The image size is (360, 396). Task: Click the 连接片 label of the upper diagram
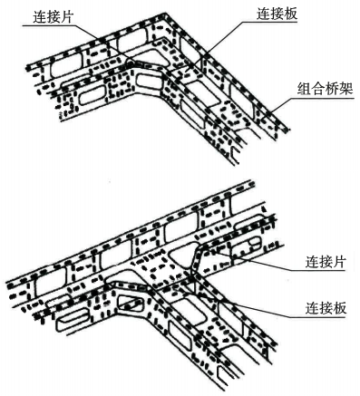click(x=53, y=17)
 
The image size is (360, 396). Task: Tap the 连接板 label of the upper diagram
click(x=277, y=14)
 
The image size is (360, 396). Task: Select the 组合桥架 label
click(x=326, y=89)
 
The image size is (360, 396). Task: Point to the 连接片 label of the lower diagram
click(x=326, y=262)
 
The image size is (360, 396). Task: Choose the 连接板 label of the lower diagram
click(x=326, y=308)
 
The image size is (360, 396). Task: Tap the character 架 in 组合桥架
click(x=346, y=89)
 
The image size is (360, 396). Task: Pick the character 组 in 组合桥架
click(x=305, y=89)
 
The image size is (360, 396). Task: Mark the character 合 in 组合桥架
click(x=318, y=89)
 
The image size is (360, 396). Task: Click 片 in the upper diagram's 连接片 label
click(x=66, y=17)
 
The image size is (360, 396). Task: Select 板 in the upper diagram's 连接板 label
click(x=291, y=14)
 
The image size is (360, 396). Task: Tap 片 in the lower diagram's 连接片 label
click(x=339, y=262)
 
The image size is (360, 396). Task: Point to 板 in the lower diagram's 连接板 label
click(x=339, y=308)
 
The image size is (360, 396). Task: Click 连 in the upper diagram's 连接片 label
click(x=40, y=17)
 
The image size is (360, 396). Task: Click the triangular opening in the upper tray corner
click(x=151, y=57)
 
